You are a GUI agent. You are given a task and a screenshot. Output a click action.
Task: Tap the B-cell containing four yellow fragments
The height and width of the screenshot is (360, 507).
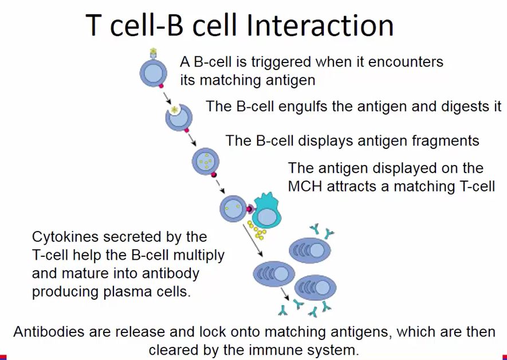pos(205,161)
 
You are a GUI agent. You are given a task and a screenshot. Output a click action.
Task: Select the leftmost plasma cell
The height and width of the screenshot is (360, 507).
pos(273,275)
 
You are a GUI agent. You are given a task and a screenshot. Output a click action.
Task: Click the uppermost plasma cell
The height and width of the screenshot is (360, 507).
pos(310,251)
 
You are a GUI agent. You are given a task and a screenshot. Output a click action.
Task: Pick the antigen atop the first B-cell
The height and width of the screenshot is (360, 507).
pos(153,53)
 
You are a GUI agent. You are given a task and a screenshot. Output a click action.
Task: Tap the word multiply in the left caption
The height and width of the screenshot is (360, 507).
pos(197,255)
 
